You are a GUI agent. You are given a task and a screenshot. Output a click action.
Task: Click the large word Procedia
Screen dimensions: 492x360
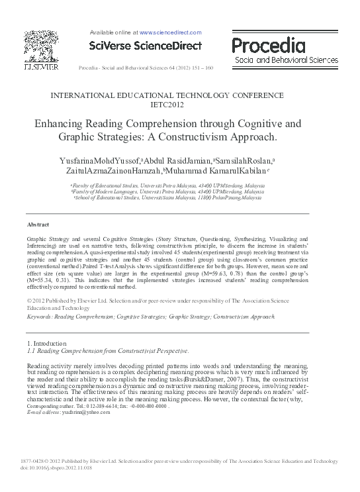point(269,45)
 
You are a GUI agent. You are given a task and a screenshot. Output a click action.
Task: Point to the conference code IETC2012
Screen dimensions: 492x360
point(180,105)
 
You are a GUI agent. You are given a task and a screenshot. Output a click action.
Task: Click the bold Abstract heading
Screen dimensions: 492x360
point(38,225)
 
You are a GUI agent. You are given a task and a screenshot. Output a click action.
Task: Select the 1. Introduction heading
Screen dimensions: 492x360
point(46,344)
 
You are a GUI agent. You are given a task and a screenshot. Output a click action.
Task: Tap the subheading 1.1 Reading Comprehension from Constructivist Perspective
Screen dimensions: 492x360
point(108,350)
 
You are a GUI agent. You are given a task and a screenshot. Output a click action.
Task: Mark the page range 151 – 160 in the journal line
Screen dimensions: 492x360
point(201,68)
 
